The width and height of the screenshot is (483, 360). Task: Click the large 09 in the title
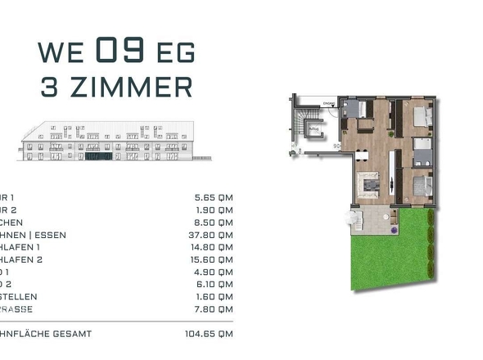point(122,51)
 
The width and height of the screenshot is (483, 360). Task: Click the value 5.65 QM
point(210,197)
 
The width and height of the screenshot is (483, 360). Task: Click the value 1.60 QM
point(210,296)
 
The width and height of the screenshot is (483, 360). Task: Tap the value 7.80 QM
point(210,308)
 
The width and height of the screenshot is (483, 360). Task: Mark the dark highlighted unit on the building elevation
point(98,155)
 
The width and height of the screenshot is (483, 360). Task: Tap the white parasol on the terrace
point(353,217)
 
